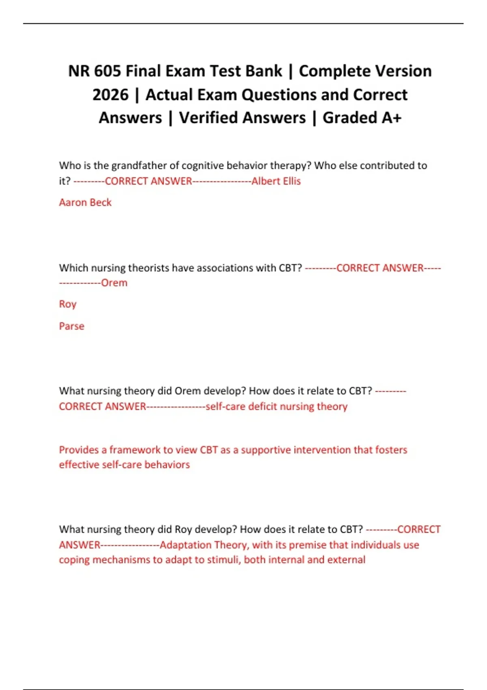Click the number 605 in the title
click(107, 71)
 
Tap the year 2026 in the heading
click(110, 95)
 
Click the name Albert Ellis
click(276, 181)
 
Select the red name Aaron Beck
click(85, 202)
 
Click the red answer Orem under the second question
click(114, 282)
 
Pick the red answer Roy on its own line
click(67, 304)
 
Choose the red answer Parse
click(71, 326)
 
